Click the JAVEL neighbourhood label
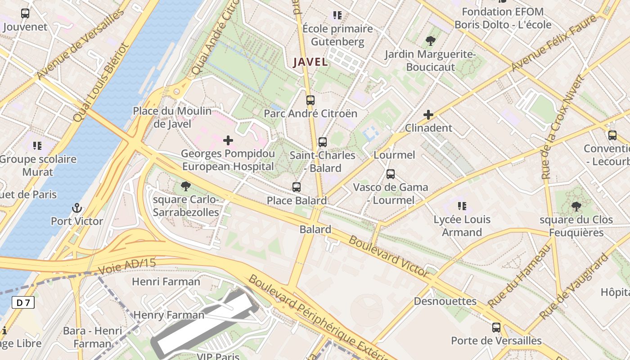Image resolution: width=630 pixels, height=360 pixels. pyautogui.click(x=310, y=62)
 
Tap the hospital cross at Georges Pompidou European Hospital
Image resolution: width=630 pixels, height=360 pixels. pyautogui.click(x=228, y=140)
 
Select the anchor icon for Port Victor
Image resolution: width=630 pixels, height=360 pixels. pyautogui.click(x=77, y=208)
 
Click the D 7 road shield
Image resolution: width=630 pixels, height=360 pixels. pyautogui.click(x=23, y=302)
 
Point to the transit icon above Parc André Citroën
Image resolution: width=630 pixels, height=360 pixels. pyautogui.click(x=310, y=100)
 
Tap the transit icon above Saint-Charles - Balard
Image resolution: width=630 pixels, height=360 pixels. pyautogui.click(x=322, y=142)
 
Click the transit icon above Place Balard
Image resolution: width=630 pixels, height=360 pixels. pyautogui.click(x=296, y=187)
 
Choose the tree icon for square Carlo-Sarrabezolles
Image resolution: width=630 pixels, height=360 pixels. pyautogui.click(x=185, y=186)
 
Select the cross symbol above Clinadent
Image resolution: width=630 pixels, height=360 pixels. pyautogui.click(x=428, y=115)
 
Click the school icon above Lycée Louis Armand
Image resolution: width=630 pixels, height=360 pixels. pyautogui.click(x=462, y=206)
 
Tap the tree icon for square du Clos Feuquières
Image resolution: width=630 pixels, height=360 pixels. pyautogui.click(x=576, y=207)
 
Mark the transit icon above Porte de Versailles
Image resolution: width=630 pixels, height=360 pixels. pyautogui.click(x=496, y=327)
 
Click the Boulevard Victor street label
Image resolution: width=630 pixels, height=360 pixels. pyautogui.click(x=389, y=256)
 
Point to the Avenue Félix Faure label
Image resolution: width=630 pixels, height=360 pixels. pyautogui.click(x=554, y=43)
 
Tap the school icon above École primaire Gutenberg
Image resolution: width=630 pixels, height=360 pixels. pyautogui.click(x=337, y=15)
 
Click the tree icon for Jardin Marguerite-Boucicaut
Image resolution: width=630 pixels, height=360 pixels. pyautogui.click(x=430, y=41)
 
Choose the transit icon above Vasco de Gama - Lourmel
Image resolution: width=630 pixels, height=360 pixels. pyautogui.click(x=390, y=174)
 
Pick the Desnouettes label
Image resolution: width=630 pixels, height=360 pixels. pyautogui.click(x=445, y=301)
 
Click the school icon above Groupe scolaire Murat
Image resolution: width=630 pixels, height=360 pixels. pyautogui.click(x=37, y=145)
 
